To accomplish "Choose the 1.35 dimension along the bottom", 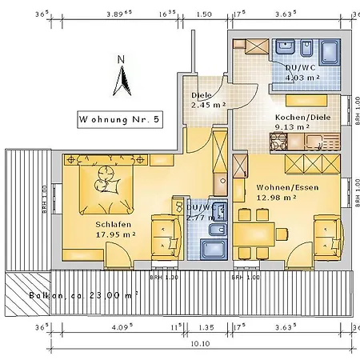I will tap(206, 326).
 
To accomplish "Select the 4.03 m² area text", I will tap(303, 78).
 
